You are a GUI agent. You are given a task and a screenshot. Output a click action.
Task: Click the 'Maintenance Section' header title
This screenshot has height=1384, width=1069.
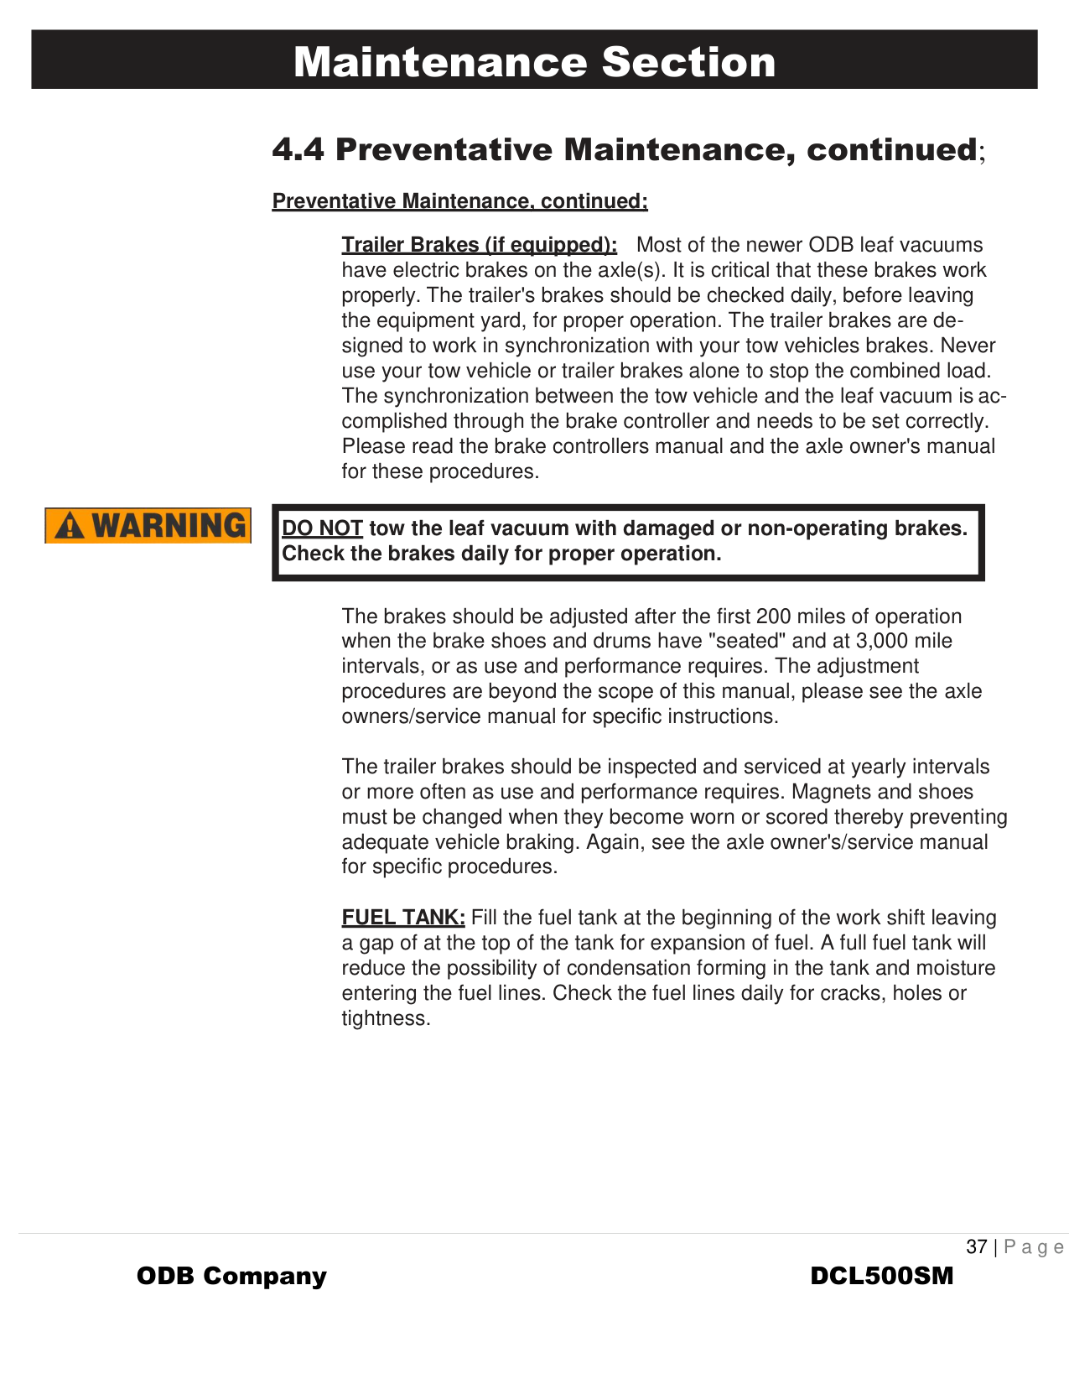pyautogui.click(x=534, y=62)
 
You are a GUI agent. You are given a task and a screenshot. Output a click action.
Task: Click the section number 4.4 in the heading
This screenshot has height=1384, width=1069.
pyautogui.click(x=298, y=150)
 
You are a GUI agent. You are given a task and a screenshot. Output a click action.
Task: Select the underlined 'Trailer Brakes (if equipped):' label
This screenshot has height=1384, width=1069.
pyautogui.click(x=479, y=245)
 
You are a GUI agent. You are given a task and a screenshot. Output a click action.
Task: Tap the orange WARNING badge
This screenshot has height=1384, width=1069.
pyautogui.click(x=148, y=526)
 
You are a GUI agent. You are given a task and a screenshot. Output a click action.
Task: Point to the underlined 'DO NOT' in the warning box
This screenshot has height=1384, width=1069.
pyautogui.click(x=322, y=528)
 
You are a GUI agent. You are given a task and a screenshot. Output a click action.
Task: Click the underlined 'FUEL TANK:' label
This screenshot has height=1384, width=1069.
pyautogui.click(x=403, y=918)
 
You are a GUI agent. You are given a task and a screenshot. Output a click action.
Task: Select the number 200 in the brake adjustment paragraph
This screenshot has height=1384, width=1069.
pyautogui.click(x=773, y=617)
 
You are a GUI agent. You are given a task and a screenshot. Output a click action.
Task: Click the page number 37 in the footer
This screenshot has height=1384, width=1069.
pyautogui.click(x=977, y=1247)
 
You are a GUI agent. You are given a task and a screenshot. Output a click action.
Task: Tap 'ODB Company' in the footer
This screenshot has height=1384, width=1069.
pyautogui.click(x=231, y=1277)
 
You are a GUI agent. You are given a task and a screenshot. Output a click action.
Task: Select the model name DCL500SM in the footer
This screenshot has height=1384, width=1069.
pyautogui.click(x=882, y=1277)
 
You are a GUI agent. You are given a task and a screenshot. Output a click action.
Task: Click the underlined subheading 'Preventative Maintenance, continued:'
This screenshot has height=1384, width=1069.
pyautogui.click(x=459, y=201)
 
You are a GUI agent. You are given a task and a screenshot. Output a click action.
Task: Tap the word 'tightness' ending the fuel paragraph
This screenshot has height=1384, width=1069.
pyautogui.click(x=384, y=1018)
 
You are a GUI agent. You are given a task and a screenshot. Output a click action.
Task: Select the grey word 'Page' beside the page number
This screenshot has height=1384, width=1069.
pyautogui.click(x=1034, y=1247)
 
